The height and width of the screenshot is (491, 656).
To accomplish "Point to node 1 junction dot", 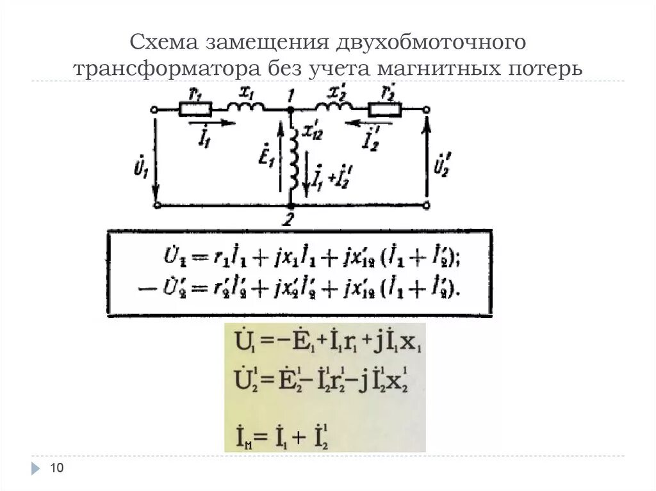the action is click(x=290, y=109).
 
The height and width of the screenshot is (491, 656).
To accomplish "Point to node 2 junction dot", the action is click(x=290, y=205).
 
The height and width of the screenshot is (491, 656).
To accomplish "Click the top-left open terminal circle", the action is click(x=154, y=109).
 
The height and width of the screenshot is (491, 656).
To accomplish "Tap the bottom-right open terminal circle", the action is click(x=427, y=205).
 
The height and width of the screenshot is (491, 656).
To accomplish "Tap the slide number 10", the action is click(x=57, y=469).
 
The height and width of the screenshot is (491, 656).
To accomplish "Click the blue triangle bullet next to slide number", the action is click(x=35, y=469).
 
